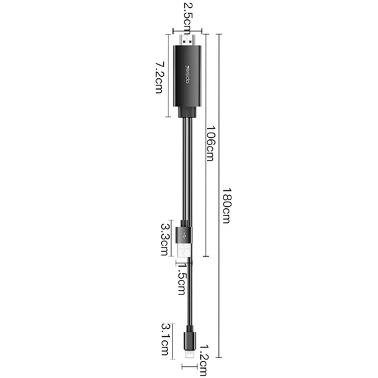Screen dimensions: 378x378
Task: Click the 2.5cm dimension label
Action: (187, 19)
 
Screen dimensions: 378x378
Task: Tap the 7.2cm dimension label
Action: (159, 78)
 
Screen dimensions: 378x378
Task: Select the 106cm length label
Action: (210, 143)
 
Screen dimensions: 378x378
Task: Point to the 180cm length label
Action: (226, 205)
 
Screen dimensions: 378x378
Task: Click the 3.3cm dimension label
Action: (166, 239)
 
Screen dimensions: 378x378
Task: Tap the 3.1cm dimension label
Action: (166, 340)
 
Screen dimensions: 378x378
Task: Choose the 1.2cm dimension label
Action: (202, 360)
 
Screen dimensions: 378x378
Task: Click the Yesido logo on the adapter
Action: (188, 74)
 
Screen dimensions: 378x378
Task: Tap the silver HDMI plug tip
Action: (187, 40)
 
